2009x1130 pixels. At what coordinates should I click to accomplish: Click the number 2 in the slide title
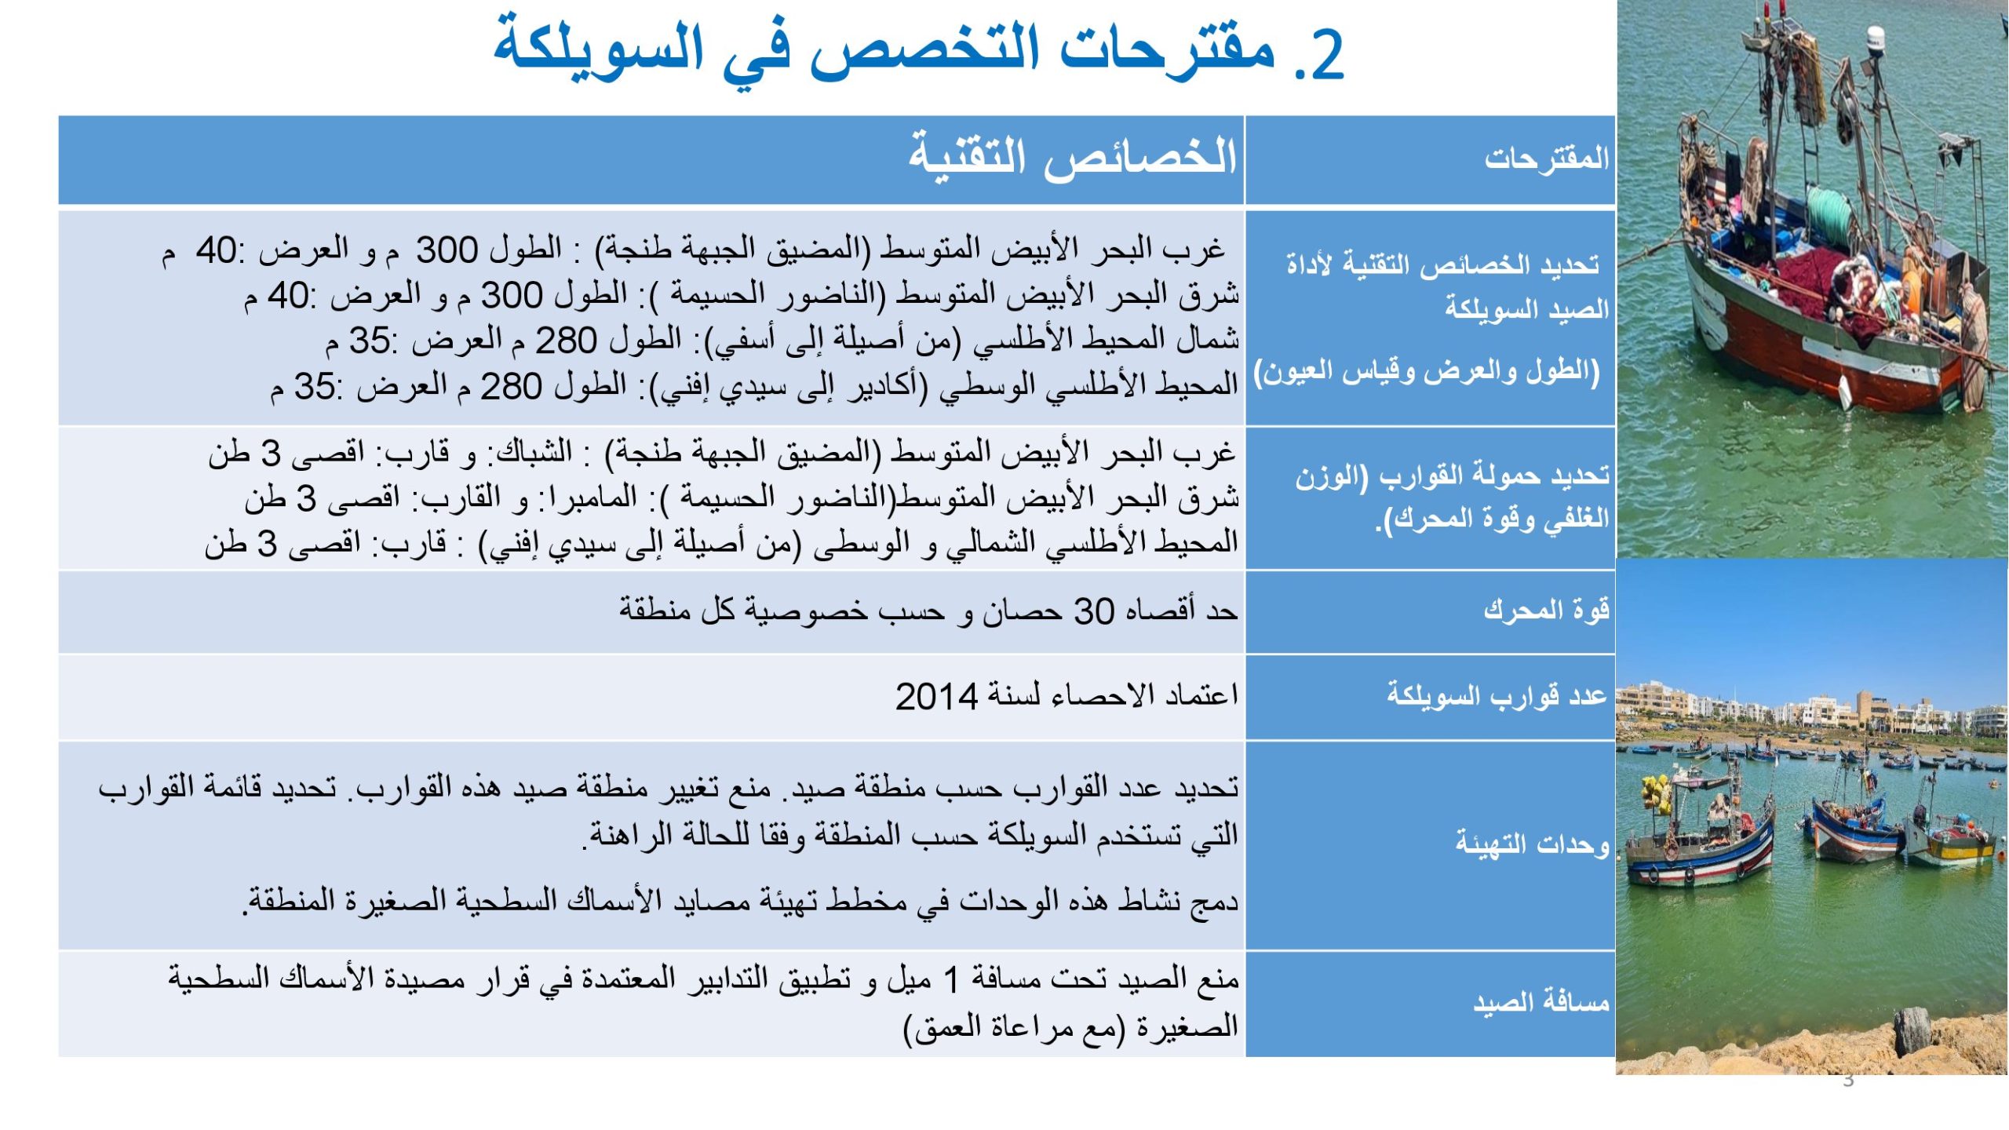click(x=1326, y=55)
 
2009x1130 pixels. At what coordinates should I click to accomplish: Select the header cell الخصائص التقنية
click(x=1072, y=157)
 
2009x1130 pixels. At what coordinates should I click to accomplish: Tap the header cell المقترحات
click(x=1546, y=159)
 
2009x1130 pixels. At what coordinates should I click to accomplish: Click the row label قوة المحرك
click(x=1546, y=610)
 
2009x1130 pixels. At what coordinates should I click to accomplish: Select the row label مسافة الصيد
click(x=1540, y=1002)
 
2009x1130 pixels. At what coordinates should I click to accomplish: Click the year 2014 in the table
click(x=936, y=697)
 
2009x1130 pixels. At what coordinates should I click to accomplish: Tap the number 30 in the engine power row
click(x=1093, y=611)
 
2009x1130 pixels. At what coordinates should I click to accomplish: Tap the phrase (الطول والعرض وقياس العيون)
click(x=1427, y=371)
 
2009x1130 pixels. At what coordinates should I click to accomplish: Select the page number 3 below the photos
click(x=1848, y=1081)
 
